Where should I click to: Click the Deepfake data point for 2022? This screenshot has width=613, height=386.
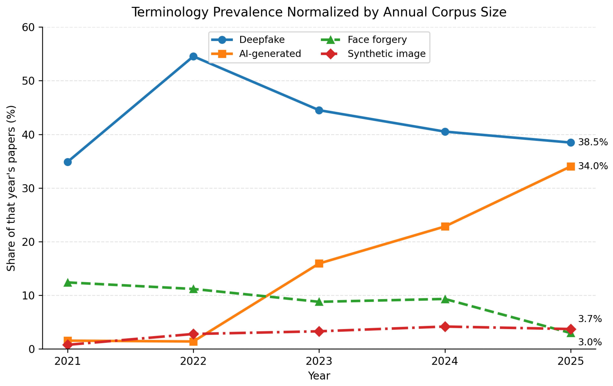[x=194, y=57]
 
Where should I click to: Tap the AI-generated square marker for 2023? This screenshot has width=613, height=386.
[x=319, y=263]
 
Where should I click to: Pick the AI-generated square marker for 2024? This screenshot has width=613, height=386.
[x=445, y=226]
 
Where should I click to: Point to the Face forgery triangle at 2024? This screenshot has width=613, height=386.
[x=445, y=299]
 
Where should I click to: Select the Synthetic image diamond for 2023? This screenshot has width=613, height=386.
[x=319, y=331]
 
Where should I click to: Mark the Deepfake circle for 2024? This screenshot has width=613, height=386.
[x=445, y=132]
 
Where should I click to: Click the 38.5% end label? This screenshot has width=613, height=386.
[x=593, y=142]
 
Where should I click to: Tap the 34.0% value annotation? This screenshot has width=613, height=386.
[x=593, y=166]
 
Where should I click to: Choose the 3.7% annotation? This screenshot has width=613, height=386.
[x=590, y=319]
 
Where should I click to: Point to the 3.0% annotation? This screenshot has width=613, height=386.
[x=590, y=342]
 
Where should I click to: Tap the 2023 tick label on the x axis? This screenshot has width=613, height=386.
[x=319, y=361]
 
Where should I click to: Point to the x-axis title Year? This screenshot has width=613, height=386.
[x=319, y=376]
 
